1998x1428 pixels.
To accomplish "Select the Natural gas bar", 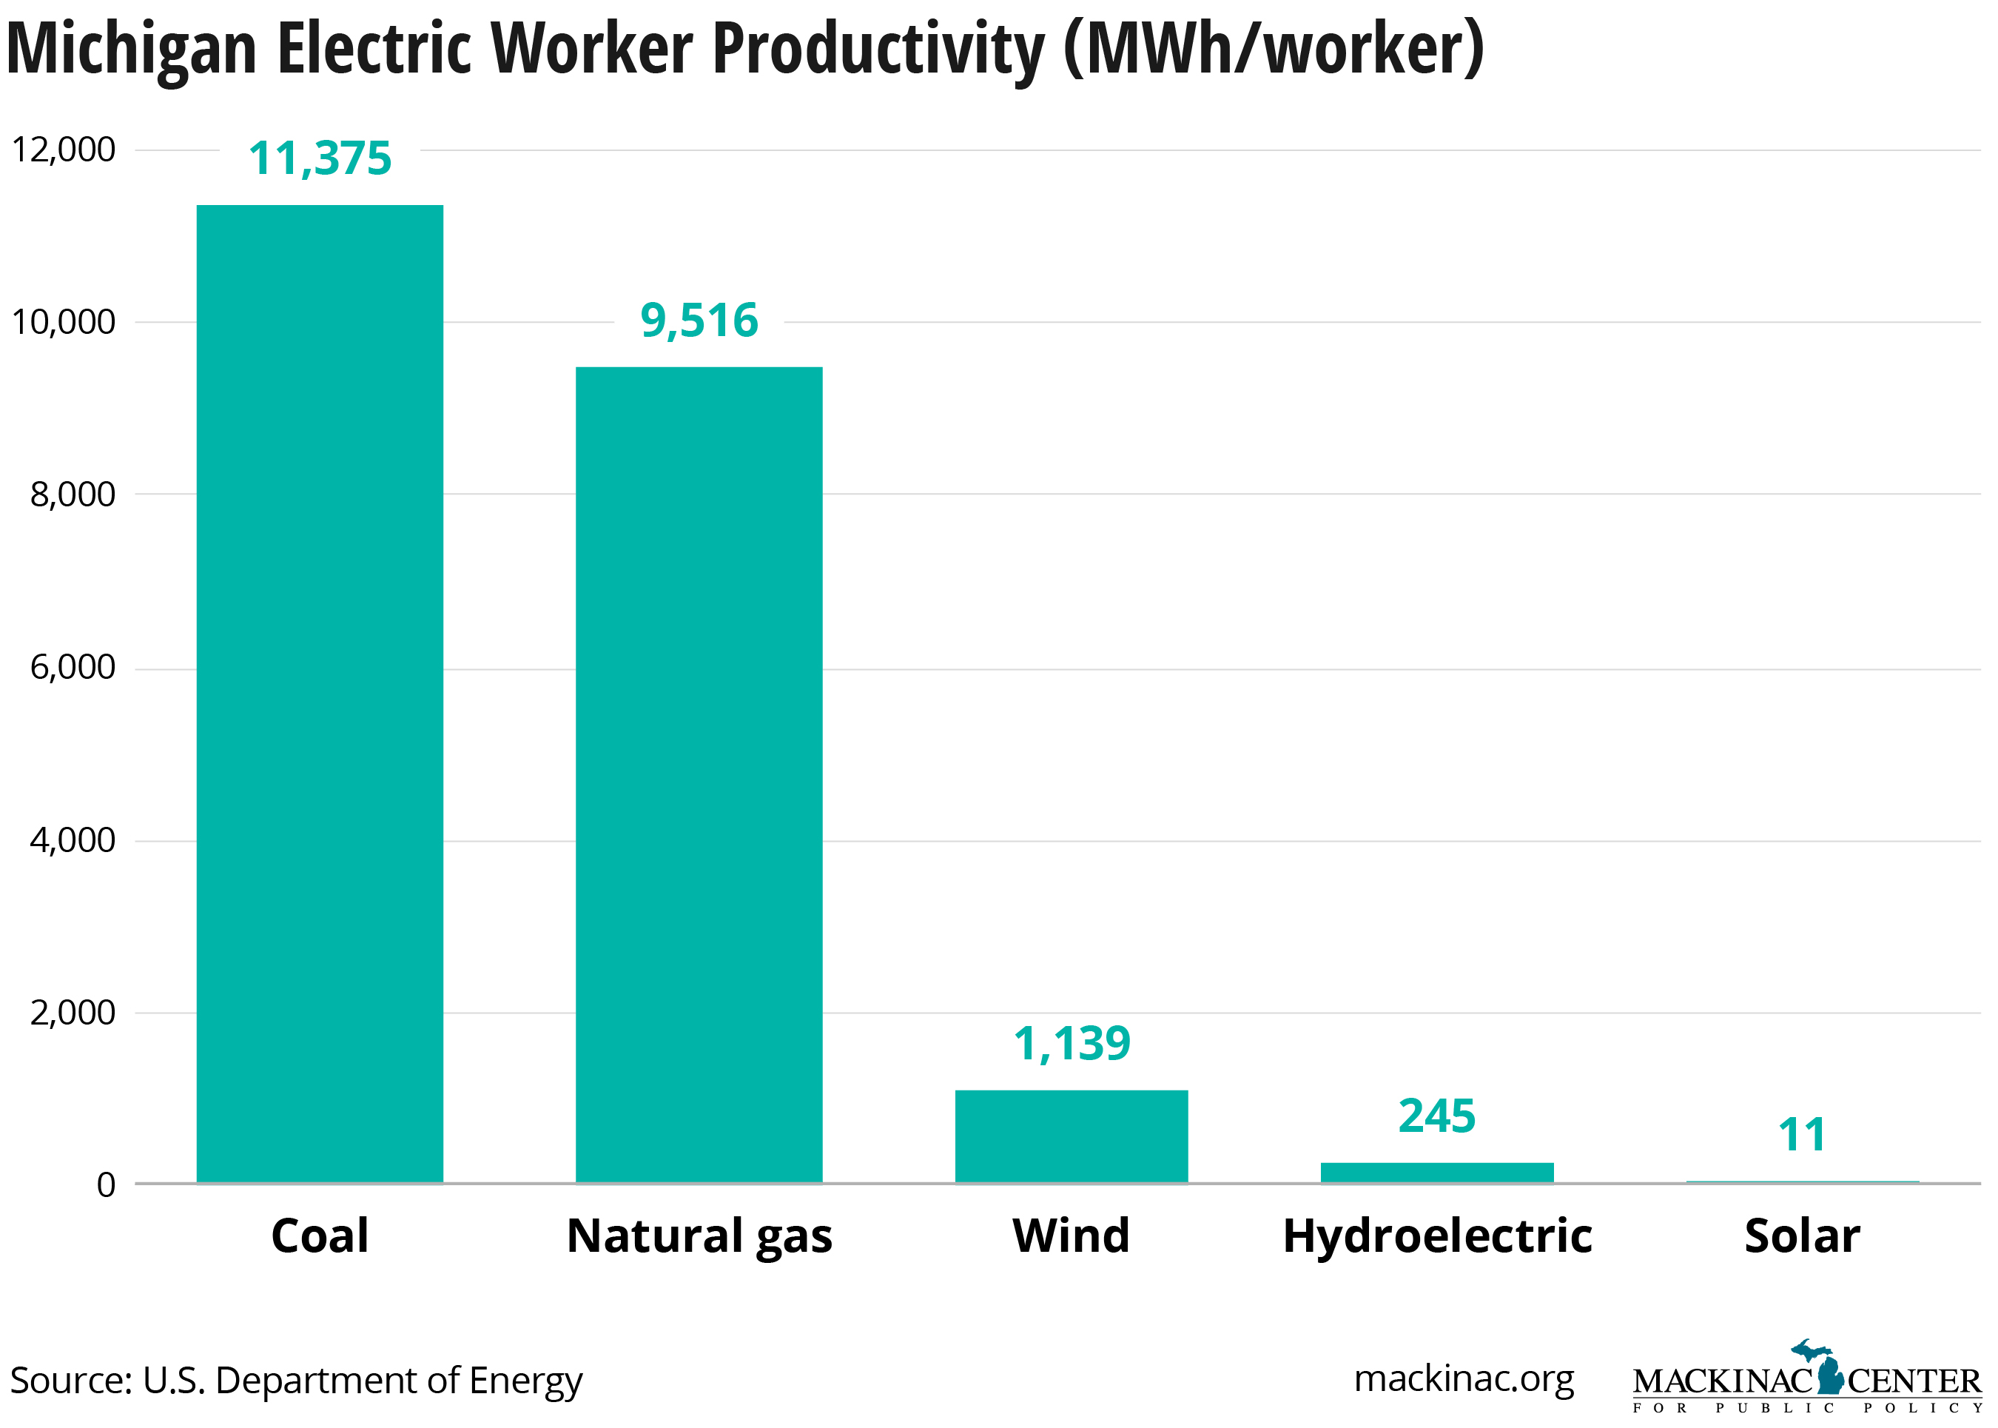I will click(x=699, y=774).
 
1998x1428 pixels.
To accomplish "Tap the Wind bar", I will click(x=1071, y=1136).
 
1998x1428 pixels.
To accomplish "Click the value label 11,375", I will click(x=319, y=159).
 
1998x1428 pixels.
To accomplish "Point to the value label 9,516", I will click(x=699, y=321).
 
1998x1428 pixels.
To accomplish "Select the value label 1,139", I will click(x=1071, y=1045).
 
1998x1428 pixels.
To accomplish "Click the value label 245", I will click(x=1436, y=1117).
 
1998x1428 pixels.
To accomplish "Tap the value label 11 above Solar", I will click(x=1801, y=1135).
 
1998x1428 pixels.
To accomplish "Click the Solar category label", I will click(x=1801, y=1236).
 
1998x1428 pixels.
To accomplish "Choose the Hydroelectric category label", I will click(x=1436, y=1236).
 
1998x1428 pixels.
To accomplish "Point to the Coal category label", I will click(x=319, y=1236).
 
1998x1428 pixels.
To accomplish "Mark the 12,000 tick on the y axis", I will click(x=64, y=150).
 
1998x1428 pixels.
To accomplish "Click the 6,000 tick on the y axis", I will click(x=72, y=668).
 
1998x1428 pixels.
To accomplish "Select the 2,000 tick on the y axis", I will click(x=72, y=1012).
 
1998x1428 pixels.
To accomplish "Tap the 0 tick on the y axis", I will click(x=106, y=1184).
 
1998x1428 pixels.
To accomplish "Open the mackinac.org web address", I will click(x=1463, y=1378).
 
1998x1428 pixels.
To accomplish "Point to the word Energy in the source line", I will click(x=525, y=1381).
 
